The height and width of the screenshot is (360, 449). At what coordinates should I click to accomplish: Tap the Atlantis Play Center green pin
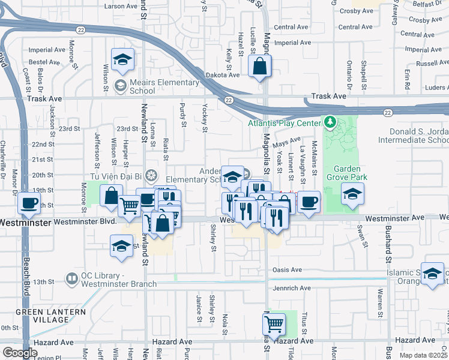pyautogui.click(x=329, y=123)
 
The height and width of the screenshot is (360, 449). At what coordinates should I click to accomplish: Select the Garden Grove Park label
pyautogui.click(x=343, y=173)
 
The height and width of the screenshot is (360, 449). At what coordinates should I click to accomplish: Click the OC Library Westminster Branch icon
pyautogui.click(x=73, y=278)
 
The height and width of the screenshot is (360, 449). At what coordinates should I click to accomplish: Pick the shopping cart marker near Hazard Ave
pyautogui.click(x=274, y=324)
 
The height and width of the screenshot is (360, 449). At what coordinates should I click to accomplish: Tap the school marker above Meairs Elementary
pyautogui.click(x=123, y=60)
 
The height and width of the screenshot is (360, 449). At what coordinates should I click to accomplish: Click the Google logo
pyautogui.click(x=19, y=353)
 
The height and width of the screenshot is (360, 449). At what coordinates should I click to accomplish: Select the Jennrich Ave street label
pyautogui.click(x=291, y=289)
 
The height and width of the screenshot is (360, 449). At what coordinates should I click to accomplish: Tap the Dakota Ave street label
pyautogui.click(x=224, y=75)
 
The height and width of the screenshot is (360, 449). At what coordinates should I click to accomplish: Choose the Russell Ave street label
pyautogui.click(x=432, y=62)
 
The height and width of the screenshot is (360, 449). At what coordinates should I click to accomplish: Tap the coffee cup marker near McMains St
pyautogui.click(x=309, y=202)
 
